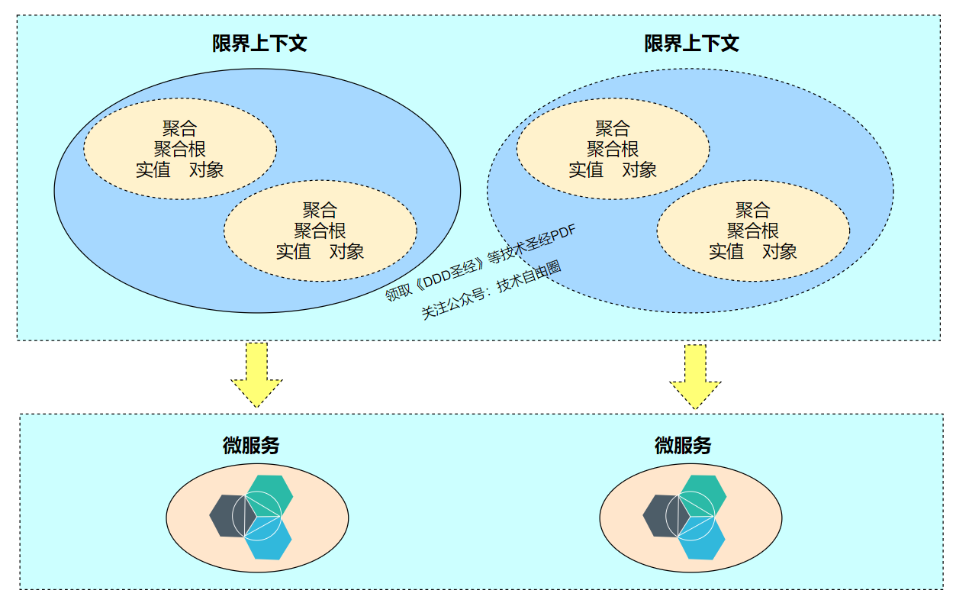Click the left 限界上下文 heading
pos(259,43)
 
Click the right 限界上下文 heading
pos(691,43)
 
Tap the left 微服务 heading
pos(251,446)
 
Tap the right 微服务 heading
pos(683,446)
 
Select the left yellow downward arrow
pos(256,373)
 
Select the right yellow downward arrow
pos(695,375)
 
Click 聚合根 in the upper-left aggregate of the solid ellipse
pos(180,149)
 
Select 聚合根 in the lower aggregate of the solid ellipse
pos(320,230)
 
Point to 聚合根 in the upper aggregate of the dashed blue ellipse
pos(613,149)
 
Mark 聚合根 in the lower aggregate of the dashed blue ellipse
pos(753,230)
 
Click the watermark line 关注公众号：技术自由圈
pos(491,290)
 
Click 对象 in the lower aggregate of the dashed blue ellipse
pos(780,251)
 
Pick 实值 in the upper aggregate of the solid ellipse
pos(153,169)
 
